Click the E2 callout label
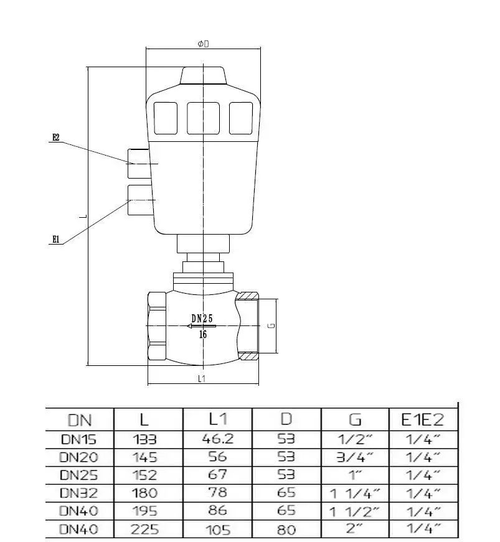[x=55, y=138]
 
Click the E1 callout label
[x=55, y=238]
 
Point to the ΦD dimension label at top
[x=203, y=44]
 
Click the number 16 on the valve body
[x=203, y=334]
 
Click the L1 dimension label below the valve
[x=202, y=378]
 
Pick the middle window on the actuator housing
[x=203, y=118]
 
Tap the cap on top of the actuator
[x=203, y=76]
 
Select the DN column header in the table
[x=79, y=419]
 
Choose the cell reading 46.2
[x=217, y=439]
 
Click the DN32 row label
[x=79, y=493]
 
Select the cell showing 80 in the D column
[x=286, y=530]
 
